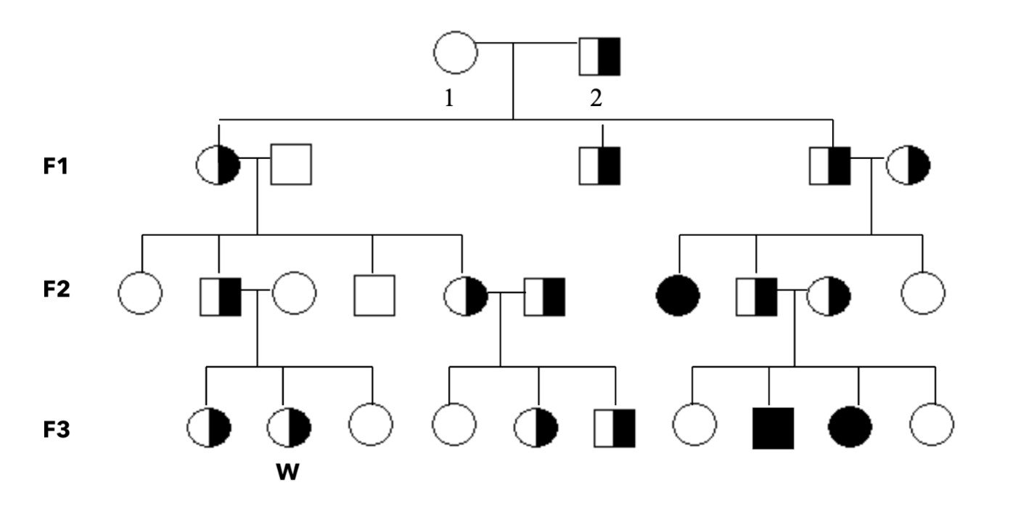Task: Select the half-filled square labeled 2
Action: coord(599,57)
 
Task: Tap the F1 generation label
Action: coord(55,166)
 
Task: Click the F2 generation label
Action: coord(57,289)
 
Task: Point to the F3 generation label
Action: coord(57,429)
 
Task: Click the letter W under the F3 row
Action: coord(287,472)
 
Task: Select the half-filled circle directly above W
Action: coord(289,428)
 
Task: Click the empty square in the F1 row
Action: coord(291,164)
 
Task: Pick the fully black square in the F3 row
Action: coord(774,428)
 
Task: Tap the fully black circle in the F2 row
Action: coord(678,296)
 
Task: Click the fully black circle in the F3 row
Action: coord(850,427)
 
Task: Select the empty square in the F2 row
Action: coord(374,296)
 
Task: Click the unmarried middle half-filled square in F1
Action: coord(599,166)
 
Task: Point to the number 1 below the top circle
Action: coord(449,98)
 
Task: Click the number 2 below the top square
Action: coord(596,98)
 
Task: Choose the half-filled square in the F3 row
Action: coord(615,428)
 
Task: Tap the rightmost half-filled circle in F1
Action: coord(908,165)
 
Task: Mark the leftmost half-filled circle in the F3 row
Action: coord(209,428)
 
